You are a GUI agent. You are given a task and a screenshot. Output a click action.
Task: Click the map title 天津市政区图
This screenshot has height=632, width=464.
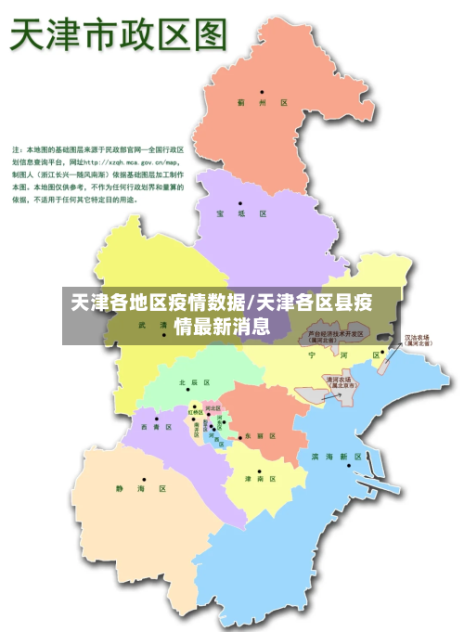pyautogui.click(x=118, y=36)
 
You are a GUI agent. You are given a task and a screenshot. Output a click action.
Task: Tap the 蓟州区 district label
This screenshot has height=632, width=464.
pyautogui.click(x=263, y=103)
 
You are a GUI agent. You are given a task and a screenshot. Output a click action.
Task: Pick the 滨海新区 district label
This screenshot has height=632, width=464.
pyautogui.click(x=337, y=457)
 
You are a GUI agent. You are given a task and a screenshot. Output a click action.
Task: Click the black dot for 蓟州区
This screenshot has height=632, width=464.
pyautogui.click(x=263, y=92)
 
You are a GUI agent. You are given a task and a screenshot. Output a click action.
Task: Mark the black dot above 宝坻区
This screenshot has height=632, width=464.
pyautogui.click(x=239, y=203)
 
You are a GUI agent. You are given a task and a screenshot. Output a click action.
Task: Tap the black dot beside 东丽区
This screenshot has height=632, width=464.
pyautogui.click(x=238, y=436)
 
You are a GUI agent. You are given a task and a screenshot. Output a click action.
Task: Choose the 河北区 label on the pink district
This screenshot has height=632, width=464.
pyautogui.click(x=213, y=408)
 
